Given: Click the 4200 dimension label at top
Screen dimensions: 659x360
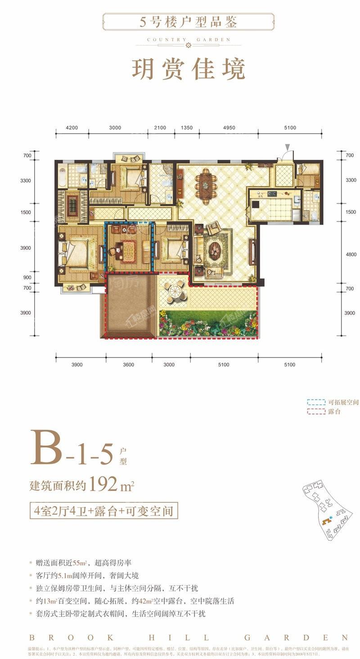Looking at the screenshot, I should [72, 128].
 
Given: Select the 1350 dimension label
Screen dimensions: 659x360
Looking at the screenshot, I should [186, 128].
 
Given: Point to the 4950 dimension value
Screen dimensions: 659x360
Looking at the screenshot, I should [229, 128].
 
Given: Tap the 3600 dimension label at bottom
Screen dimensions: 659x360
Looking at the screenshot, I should [128, 365].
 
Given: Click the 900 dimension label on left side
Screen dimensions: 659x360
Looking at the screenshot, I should [27, 278].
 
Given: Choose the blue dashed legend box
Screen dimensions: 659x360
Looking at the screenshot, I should [316, 402].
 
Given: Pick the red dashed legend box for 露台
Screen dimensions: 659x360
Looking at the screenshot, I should [316, 411].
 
